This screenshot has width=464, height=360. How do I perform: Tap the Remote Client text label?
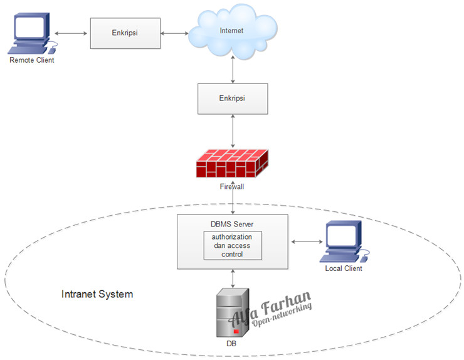(x=31, y=60)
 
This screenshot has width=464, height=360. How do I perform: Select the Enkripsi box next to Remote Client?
(x=125, y=33)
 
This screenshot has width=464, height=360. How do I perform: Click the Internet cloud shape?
(x=233, y=31)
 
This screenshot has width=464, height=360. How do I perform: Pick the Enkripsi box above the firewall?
(x=233, y=99)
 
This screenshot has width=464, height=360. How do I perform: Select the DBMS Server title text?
(x=233, y=224)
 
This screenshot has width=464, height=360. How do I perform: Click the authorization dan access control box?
(x=233, y=246)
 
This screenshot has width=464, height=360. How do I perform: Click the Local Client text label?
(x=343, y=269)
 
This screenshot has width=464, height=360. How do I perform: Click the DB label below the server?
(x=231, y=344)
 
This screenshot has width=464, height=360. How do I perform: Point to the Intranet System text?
(x=97, y=294)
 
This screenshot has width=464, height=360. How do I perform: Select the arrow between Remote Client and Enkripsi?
(x=71, y=33)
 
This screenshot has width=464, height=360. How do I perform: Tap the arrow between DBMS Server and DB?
(x=233, y=278)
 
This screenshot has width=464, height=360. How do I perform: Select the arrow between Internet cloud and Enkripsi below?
(x=233, y=70)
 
